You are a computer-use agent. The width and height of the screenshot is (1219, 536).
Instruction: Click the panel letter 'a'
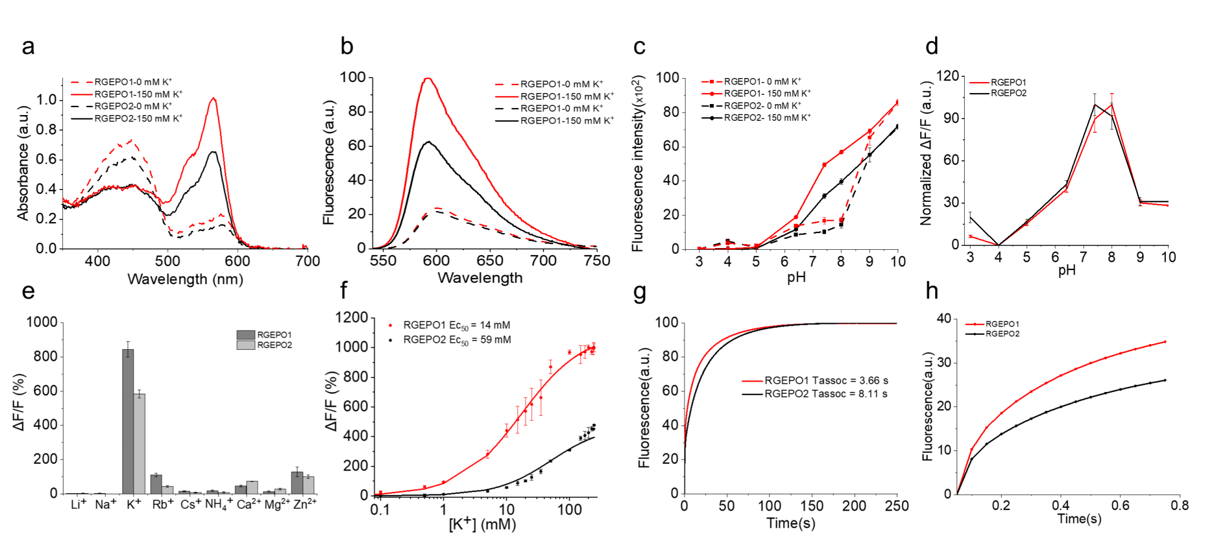28,47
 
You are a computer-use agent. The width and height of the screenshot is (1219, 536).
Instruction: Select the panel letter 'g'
639,293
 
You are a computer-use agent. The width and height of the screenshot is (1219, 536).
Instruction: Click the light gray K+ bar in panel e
139,443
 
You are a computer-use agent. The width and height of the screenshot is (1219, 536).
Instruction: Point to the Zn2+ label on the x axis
305,504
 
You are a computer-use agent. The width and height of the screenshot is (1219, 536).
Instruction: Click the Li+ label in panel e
79,504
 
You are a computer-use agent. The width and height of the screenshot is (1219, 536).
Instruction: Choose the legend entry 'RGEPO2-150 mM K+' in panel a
138,119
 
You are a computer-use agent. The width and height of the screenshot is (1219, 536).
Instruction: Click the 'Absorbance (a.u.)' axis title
23,163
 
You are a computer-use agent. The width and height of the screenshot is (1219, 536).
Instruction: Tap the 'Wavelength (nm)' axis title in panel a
185,279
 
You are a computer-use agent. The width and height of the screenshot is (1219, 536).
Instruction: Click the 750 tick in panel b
596,261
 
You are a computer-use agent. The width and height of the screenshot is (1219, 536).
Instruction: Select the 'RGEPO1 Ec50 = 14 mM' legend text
456,326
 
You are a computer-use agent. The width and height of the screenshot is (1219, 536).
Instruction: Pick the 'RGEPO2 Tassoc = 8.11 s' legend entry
826,394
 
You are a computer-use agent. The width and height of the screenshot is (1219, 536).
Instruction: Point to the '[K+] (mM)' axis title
483,524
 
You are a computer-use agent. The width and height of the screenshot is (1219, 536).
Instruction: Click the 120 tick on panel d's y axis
947,76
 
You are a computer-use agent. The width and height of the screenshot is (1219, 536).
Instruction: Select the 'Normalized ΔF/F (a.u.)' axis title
926,153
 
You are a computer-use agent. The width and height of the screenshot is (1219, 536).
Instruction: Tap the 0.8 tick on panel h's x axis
1179,505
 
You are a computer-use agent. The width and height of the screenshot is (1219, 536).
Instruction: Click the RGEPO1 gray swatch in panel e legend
246,335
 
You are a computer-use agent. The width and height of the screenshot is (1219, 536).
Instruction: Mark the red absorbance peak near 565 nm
213,98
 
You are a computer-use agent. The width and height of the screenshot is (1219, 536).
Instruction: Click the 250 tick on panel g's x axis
896,507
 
